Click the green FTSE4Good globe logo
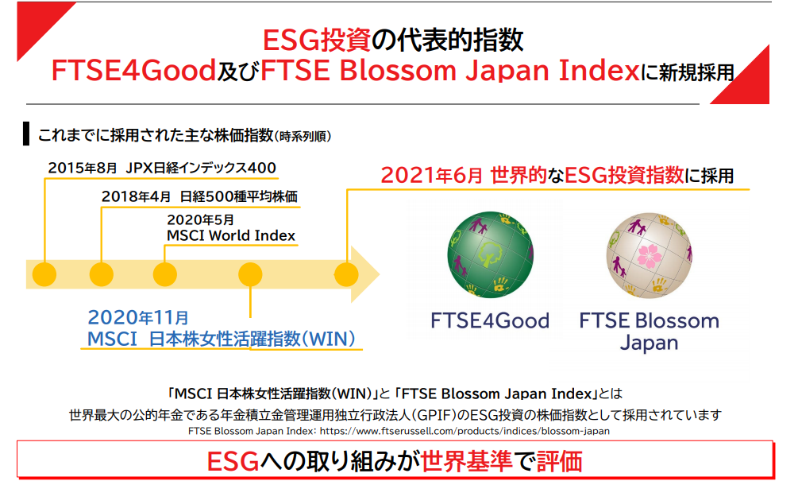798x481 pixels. pyautogui.click(x=491, y=254)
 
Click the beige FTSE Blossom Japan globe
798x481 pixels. pyautogui.click(x=650, y=255)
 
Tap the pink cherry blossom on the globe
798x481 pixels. pyautogui.click(x=650, y=256)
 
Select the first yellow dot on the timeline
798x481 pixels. pyautogui.click(x=44, y=274)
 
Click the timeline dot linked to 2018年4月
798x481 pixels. pyautogui.click(x=102, y=274)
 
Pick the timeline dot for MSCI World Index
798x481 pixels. pyautogui.click(x=165, y=274)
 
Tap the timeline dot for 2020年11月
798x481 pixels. pyautogui.click(x=250, y=274)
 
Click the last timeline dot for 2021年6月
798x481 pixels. pyautogui.click(x=346, y=274)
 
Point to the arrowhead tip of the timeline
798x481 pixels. pyautogui.click(x=380, y=274)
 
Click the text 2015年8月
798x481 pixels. pyautogui.click(x=83, y=168)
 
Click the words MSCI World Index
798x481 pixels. pyautogui.click(x=231, y=235)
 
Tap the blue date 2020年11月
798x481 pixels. pyautogui.click(x=138, y=317)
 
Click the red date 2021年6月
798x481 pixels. pyautogui.click(x=432, y=175)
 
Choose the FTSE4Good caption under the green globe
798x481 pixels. pyautogui.click(x=490, y=320)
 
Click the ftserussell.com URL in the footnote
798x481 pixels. pyautogui.click(x=465, y=431)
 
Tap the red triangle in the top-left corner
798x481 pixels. pyautogui.click(x=38, y=23)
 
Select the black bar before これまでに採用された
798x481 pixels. pyautogui.click(x=26, y=134)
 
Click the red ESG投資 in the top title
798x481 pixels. pyautogui.click(x=317, y=41)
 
